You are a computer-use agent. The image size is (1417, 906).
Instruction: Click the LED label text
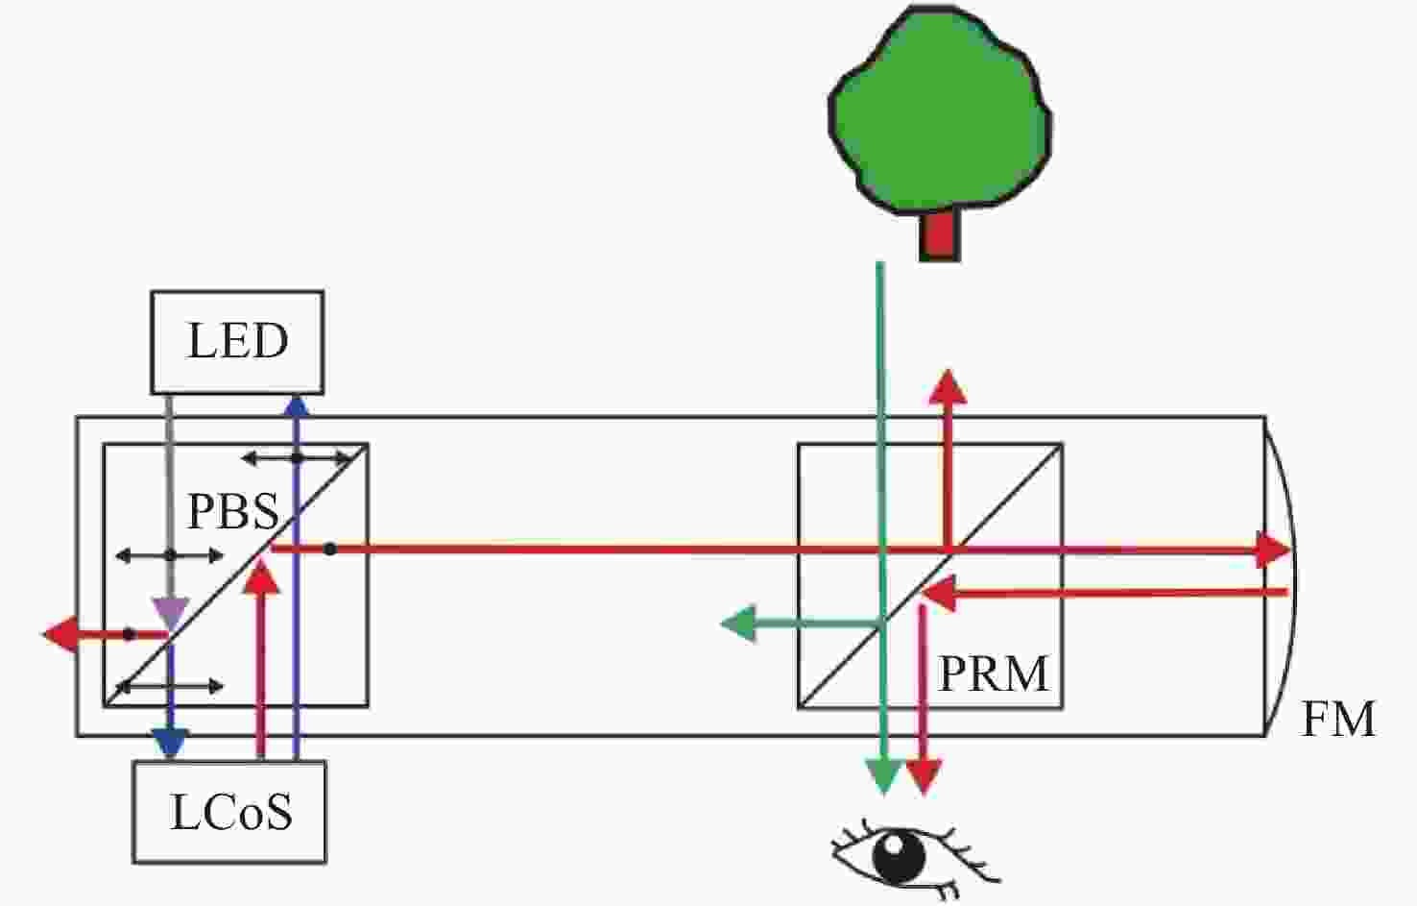[238, 342]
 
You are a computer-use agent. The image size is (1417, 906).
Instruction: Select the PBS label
[233, 511]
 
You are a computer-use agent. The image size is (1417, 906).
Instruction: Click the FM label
[1338, 720]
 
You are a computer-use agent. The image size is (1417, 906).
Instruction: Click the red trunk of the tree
[940, 234]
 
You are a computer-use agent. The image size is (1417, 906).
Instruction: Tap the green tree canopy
[940, 109]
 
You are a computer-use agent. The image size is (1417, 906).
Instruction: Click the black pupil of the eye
[899, 857]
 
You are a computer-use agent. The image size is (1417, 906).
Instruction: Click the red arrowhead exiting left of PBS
[60, 634]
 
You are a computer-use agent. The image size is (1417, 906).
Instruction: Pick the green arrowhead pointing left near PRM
[738, 624]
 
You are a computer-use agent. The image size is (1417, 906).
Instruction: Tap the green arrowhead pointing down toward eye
[884, 776]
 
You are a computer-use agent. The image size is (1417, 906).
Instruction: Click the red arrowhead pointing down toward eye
[925, 776]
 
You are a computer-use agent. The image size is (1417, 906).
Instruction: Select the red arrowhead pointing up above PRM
[948, 387]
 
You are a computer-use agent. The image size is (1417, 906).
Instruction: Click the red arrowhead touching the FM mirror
[1272, 550]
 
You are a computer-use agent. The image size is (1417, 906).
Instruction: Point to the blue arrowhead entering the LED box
[296, 406]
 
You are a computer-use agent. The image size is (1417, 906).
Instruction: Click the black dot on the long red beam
[329, 549]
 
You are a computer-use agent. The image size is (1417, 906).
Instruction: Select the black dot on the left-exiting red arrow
[129, 634]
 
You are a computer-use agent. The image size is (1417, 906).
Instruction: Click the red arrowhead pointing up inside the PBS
[261, 576]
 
